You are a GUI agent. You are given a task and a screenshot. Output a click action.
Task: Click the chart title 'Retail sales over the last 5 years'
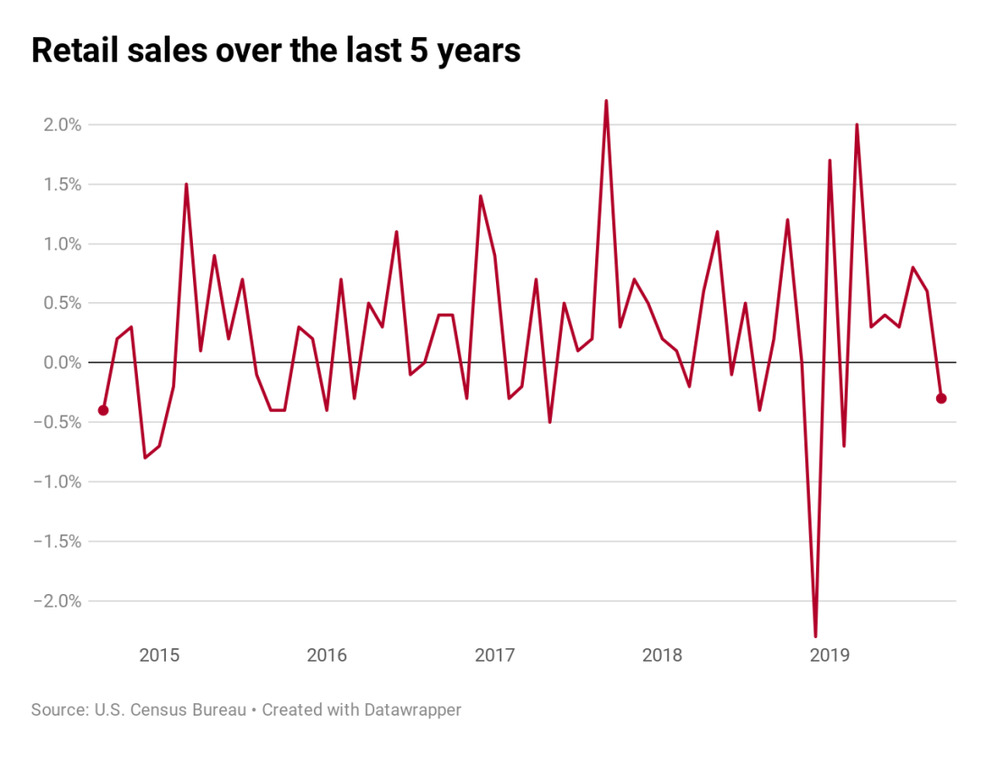pyautogui.click(x=275, y=50)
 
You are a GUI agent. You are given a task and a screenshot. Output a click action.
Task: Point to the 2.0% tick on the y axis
pyautogui.click(x=60, y=124)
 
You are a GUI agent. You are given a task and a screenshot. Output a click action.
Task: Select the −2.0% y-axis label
pyautogui.click(x=57, y=600)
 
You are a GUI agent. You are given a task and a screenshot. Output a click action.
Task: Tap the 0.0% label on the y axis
pyautogui.click(x=60, y=362)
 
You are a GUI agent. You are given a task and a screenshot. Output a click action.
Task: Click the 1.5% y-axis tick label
pyautogui.click(x=60, y=184)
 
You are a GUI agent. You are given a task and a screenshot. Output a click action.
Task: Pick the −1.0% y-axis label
pyautogui.click(x=57, y=481)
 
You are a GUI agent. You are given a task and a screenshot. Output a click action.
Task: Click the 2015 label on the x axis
pyautogui.click(x=159, y=654)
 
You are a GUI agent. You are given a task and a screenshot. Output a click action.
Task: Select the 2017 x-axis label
pyautogui.click(x=494, y=654)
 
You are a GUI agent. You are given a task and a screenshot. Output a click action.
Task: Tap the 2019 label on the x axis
pyautogui.click(x=829, y=654)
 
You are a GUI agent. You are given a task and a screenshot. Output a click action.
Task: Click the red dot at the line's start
pyautogui.click(x=103, y=410)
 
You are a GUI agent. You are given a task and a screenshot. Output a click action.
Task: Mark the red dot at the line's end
pyautogui.click(x=941, y=398)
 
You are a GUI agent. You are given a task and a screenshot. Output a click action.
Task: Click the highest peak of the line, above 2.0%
pyautogui.click(x=606, y=101)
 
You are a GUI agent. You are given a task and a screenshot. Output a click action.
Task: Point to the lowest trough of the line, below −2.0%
pyautogui.click(x=815, y=636)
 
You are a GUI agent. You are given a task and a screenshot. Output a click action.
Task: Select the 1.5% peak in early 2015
pyautogui.click(x=187, y=185)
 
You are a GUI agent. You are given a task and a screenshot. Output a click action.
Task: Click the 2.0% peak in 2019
pyautogui.click(x=857, y=125)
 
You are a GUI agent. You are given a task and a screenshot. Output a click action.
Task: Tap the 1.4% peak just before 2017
pyautogui.click(x=481, y=197)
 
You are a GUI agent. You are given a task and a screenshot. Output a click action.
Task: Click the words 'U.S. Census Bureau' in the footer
pyautogui.click(x=170, y=710)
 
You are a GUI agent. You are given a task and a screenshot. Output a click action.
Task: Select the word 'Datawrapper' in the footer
pyautogui.click(x=412, y=710)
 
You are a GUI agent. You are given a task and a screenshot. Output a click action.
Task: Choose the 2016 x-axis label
pyautogui.click(x=326, y=654)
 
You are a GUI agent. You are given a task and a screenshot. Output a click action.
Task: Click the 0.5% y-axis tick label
pyautogui.click(x=60, y=303)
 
